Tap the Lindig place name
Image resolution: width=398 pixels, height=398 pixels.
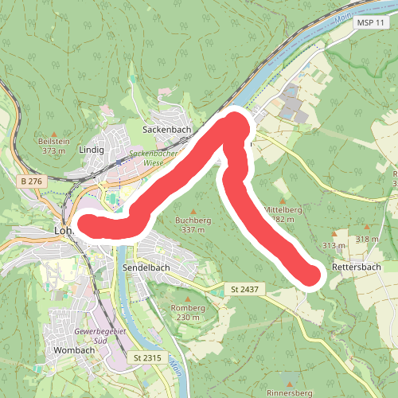[x=92, y=149]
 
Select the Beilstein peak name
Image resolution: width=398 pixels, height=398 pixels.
[x=53, y=141]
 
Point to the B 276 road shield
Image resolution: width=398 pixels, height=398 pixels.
[x=31, y=182]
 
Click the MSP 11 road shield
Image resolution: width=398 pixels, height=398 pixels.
[x=368, y=24]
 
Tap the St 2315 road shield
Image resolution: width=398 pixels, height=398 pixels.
[x=148, y=358]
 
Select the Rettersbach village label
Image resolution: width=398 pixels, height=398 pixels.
[x=356, y=267]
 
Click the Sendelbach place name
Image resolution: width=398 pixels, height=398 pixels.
[x=147, y=269]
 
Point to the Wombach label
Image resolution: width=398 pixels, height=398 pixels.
[x=74, y=349]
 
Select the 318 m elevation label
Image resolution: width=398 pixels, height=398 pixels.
[x=368, y=239]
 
